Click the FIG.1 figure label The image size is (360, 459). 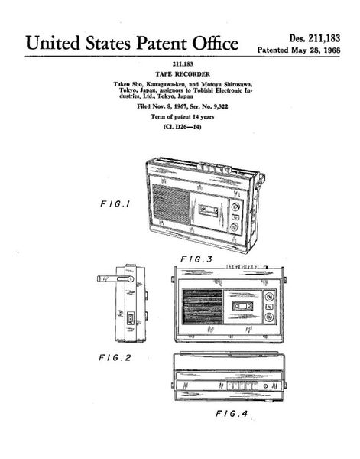[x=115, y=203]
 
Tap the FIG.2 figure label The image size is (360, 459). [x=115, y=358]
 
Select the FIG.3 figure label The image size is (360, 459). [x=196, y=259]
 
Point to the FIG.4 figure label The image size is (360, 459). [x=232, y=414]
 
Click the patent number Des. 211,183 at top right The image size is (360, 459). [x=315, y=38]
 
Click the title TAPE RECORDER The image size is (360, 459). [x=183, y=74]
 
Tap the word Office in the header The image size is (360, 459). [x=216, y=43]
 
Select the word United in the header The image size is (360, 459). [x=53, y=43]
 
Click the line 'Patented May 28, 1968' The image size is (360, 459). [x=299, y=50]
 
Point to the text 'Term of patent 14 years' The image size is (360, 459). [x=183, y=116]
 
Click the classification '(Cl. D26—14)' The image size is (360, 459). [x=183, y=127]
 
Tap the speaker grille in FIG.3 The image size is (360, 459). [x=203, y=307]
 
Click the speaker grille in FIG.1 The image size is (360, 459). [x=171, y=204]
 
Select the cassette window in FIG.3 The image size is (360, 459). [x=243, y=306]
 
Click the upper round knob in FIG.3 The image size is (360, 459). [x=269, y=297]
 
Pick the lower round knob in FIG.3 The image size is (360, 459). [x=269, y=317]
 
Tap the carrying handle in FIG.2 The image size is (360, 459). [x=115, y=278]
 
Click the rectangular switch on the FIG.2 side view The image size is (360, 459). [x=131, y=318]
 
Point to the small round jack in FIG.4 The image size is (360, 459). [x=265, y=386]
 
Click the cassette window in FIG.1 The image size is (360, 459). [x=209, y=210]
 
